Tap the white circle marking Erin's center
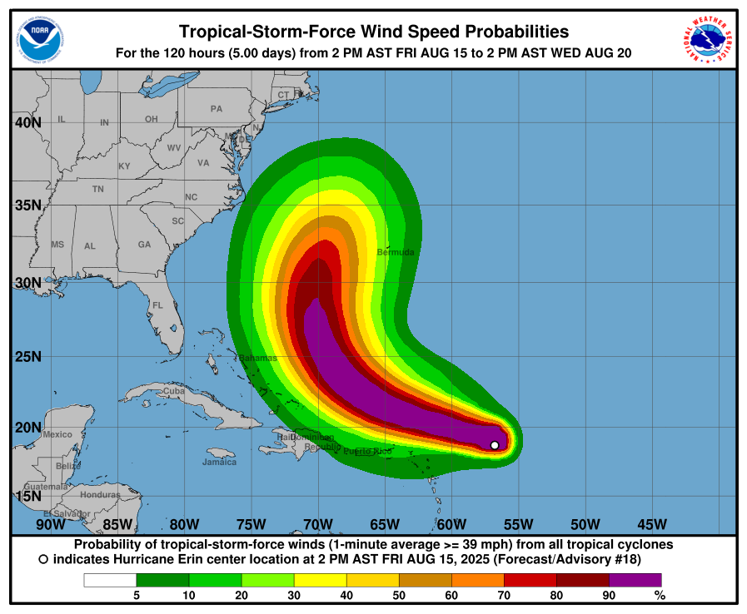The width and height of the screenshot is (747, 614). point(495,445)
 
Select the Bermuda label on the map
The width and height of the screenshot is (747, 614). point(396,251)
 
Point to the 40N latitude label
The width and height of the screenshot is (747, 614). point(27,123)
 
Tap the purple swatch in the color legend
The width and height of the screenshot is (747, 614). point(635,579)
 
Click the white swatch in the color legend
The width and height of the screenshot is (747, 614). point(110,579)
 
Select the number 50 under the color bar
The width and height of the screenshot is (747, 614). point(399,595)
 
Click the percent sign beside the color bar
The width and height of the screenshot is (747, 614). point(660,595)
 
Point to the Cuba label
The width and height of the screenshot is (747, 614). point(174,391)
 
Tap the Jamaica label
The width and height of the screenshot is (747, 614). point(219,462)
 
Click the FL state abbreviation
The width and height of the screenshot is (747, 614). point(157,305)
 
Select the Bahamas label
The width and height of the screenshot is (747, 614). point(258,358)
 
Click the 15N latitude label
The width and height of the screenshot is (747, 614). point(27,496)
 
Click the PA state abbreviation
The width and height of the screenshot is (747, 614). point(217,109)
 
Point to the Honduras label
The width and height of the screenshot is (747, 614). point(100,494)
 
